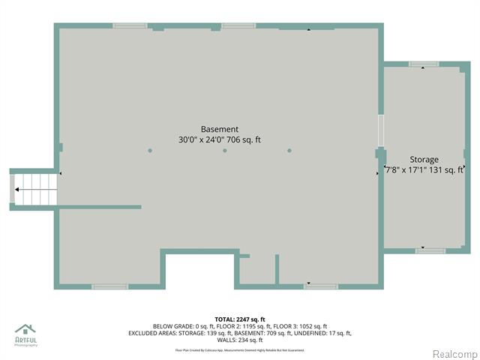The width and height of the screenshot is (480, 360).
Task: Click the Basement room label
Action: pos(219,129)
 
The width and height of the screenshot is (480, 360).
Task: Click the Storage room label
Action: pos(424,160)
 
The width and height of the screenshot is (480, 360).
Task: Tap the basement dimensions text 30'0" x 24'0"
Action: pos(204,139)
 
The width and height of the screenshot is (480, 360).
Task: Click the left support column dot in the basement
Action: pos(150,151)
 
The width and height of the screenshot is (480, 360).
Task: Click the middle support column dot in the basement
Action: pos(225,151)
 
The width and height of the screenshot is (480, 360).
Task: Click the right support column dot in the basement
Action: pos(289,151)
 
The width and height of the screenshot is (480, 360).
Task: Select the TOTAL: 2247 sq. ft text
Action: pos(239,319)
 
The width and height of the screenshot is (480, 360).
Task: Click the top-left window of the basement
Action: pos(130,25)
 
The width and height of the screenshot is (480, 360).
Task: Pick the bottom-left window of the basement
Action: pos(109,286)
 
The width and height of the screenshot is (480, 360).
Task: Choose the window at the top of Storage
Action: pos(424,64)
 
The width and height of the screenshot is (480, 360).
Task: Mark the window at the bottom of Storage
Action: pos(430,250)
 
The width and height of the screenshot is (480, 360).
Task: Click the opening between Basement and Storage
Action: pos(380,130)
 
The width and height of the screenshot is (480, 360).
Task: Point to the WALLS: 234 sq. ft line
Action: pos(239,340)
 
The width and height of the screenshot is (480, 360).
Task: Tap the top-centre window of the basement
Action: pos(239,25)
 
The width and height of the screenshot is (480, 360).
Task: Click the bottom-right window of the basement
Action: pos(321,286)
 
